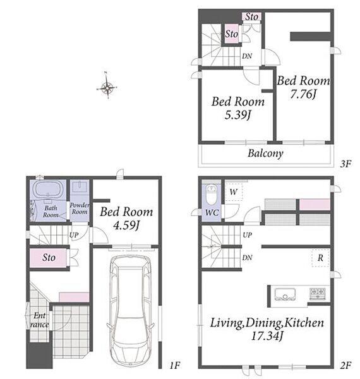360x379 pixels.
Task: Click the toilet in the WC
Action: tap(212, 195)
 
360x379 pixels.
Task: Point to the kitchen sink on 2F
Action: tap(285, 294)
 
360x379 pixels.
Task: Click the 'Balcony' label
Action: tap(265, 153)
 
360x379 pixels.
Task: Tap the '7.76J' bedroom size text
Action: tap(303, 94)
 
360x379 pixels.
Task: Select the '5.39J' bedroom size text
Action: tap(237, 115)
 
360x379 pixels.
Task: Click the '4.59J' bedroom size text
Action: tap(126, 226)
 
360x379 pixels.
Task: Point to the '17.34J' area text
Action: tap(267, 336)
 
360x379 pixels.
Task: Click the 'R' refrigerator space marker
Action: tap(320, 258)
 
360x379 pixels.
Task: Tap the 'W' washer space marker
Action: tap(233, 192)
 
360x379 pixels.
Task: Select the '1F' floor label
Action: tap(174, 365)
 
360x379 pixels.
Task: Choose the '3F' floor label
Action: tap(345, 164)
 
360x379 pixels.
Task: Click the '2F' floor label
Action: tap(345, 365)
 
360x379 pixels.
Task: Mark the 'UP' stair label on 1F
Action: tap(74, 235)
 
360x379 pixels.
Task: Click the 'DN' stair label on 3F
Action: tap(247, 56)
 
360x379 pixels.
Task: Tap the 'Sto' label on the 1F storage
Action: tap(49, 258)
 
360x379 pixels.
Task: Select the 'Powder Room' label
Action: tap(80, 208)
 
